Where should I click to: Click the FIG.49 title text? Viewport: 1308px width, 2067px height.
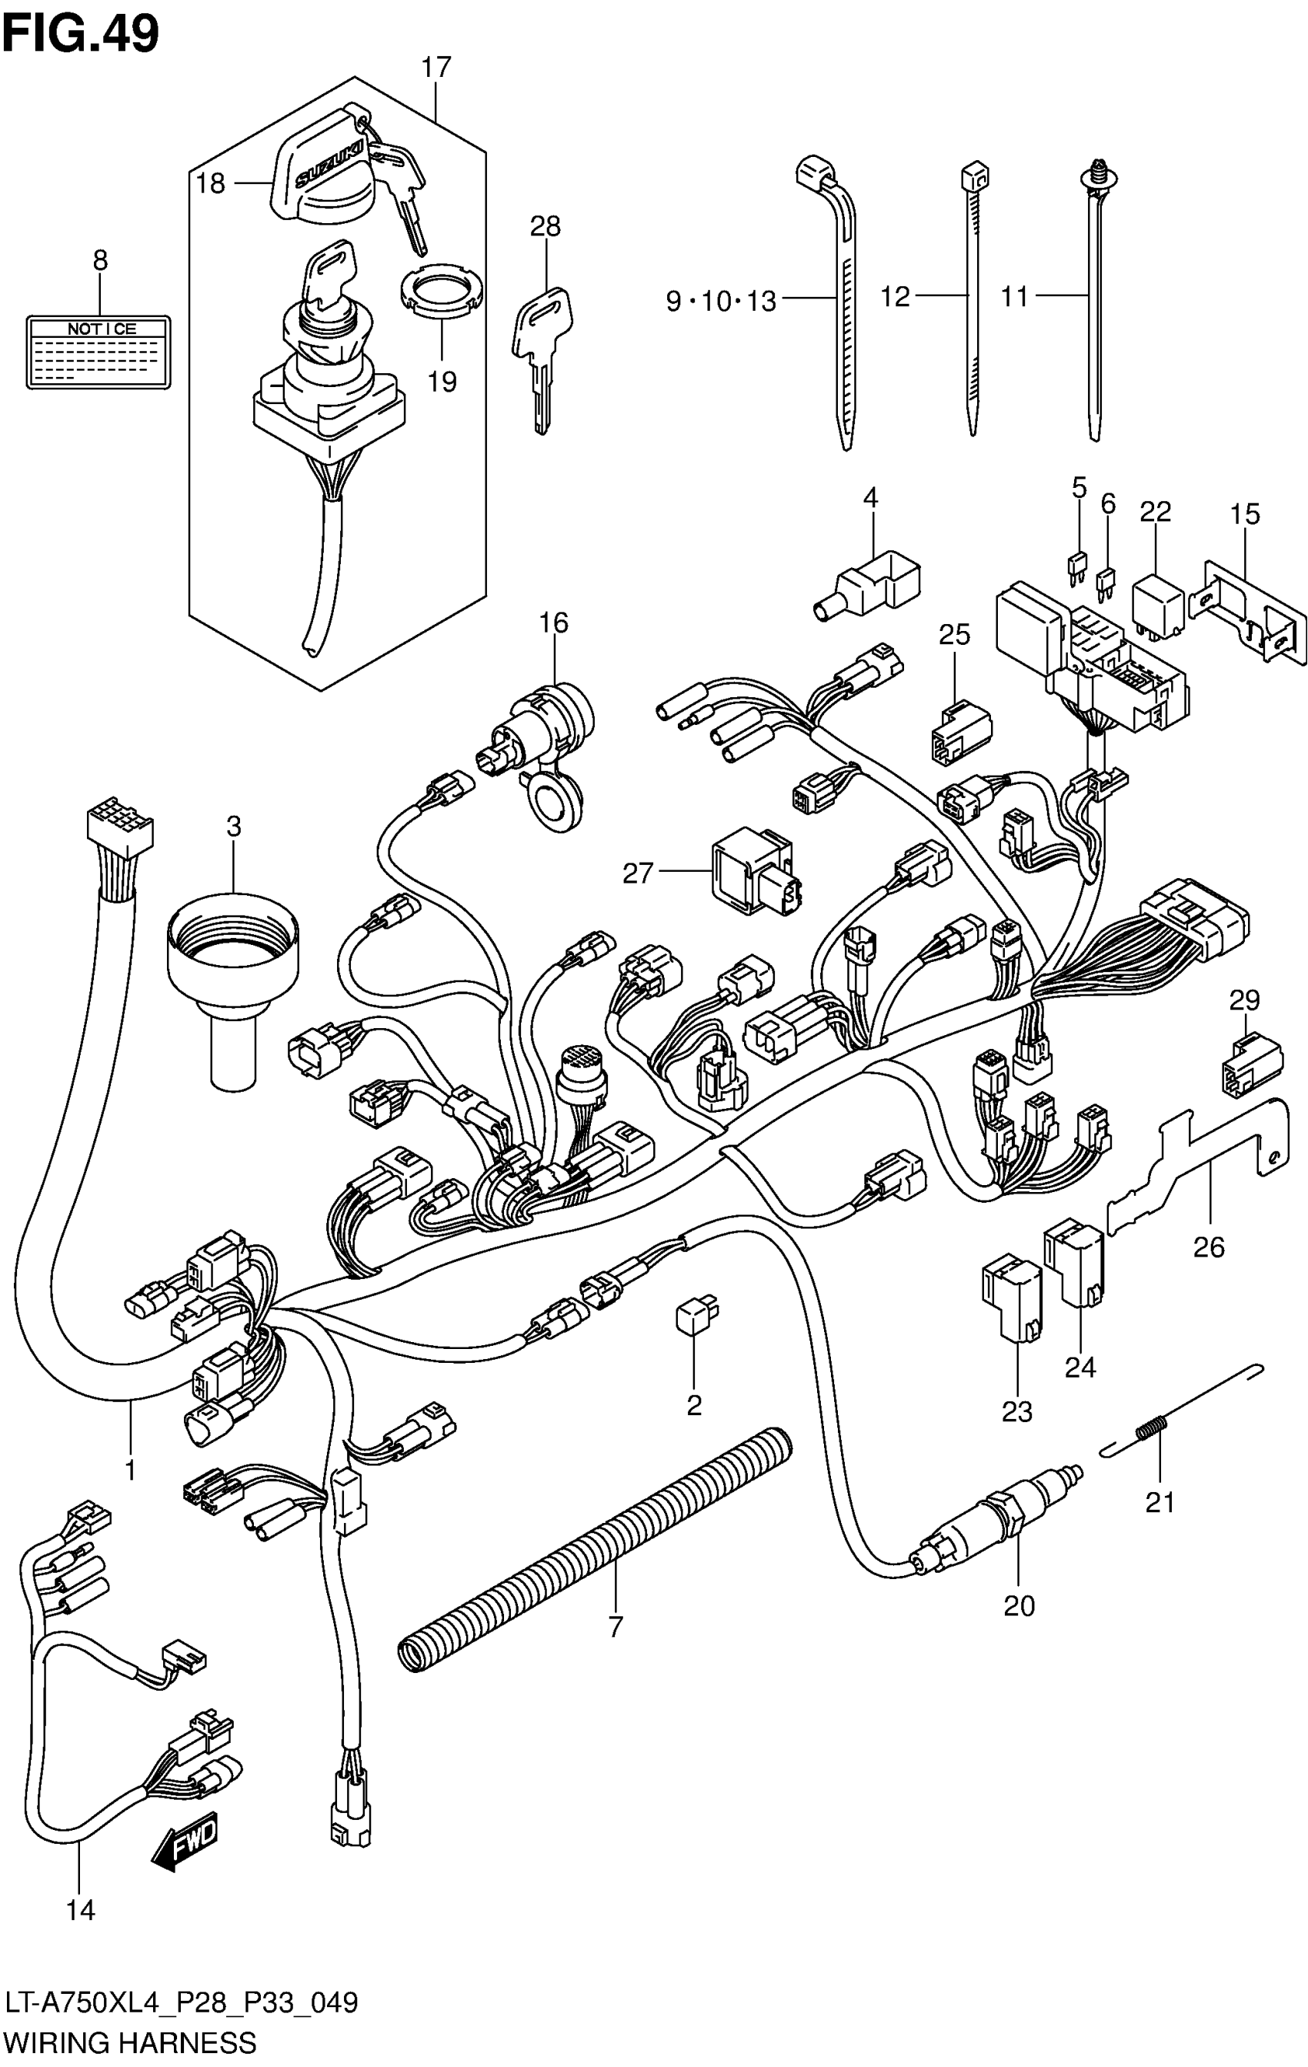point(81,35)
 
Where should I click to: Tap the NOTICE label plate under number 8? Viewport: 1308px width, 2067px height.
point(98,351)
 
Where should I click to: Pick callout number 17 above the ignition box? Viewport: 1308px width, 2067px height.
point(436,67)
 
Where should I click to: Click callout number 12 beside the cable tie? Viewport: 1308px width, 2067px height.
point(895,297)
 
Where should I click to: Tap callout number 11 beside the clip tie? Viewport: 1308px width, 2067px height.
point(1015,297)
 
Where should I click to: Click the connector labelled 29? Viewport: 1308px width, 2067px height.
point(1251,1064)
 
